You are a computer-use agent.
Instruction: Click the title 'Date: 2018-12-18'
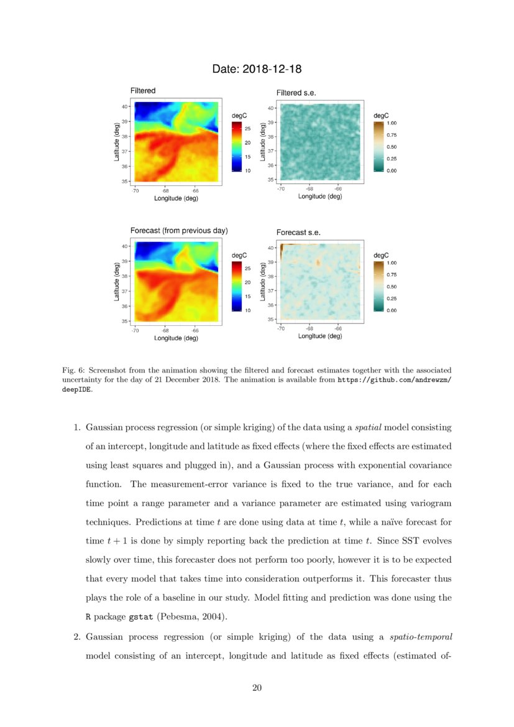coord(257,68)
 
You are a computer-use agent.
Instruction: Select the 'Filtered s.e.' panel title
coord(296,93)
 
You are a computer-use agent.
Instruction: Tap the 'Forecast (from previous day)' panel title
coord(179,230)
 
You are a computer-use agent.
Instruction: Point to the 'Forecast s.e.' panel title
coord(298,233)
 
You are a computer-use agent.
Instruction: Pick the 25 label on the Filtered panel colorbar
coord(247,129)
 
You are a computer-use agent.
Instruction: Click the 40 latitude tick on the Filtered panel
coord(124,106)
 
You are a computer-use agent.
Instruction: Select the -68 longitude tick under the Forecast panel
coord(166,330)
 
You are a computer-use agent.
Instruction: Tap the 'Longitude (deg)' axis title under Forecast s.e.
coord(320,336)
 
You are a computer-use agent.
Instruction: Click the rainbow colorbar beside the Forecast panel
coord(236,285)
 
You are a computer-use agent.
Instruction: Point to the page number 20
coord(257,687)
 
